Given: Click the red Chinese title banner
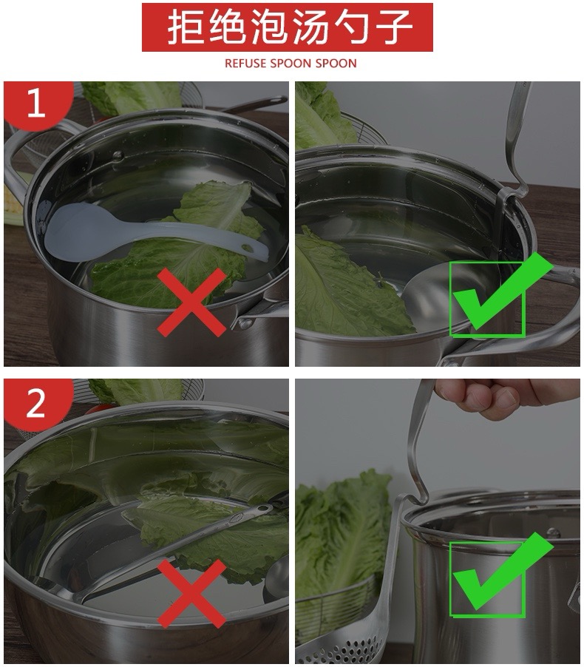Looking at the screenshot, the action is [x=287, y=27].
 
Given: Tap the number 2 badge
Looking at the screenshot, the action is [x=36, y=402].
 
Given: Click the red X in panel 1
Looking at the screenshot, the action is [x=191, y=302].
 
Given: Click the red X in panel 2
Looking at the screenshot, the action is [x=191, y=593].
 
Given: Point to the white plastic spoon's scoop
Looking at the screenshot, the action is [x=81, y=230].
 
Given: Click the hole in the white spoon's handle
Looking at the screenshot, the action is [x=247, y=246].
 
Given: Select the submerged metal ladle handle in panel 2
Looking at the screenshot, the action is [x=179, y=549].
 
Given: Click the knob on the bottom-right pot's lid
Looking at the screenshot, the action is [x=553, y=532].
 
